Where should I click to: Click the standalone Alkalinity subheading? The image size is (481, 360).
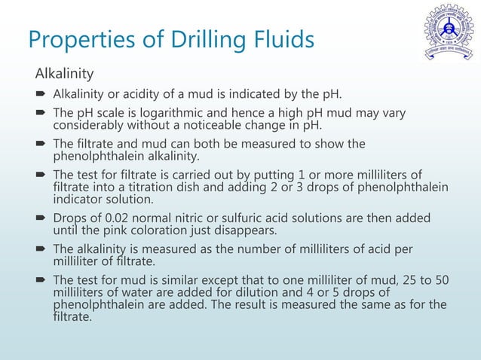64,74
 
